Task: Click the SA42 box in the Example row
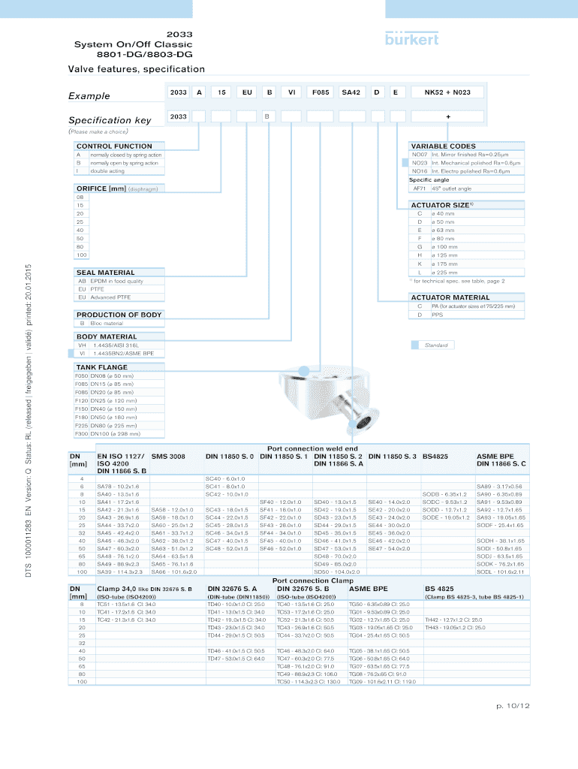coord(351,92)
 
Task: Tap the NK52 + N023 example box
coord(447,92)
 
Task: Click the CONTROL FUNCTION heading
coord(114,146)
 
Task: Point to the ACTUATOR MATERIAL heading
coord(450,297)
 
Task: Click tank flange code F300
coord(81,433)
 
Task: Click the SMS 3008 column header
coord(168,456)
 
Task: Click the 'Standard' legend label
coord(436,345)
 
